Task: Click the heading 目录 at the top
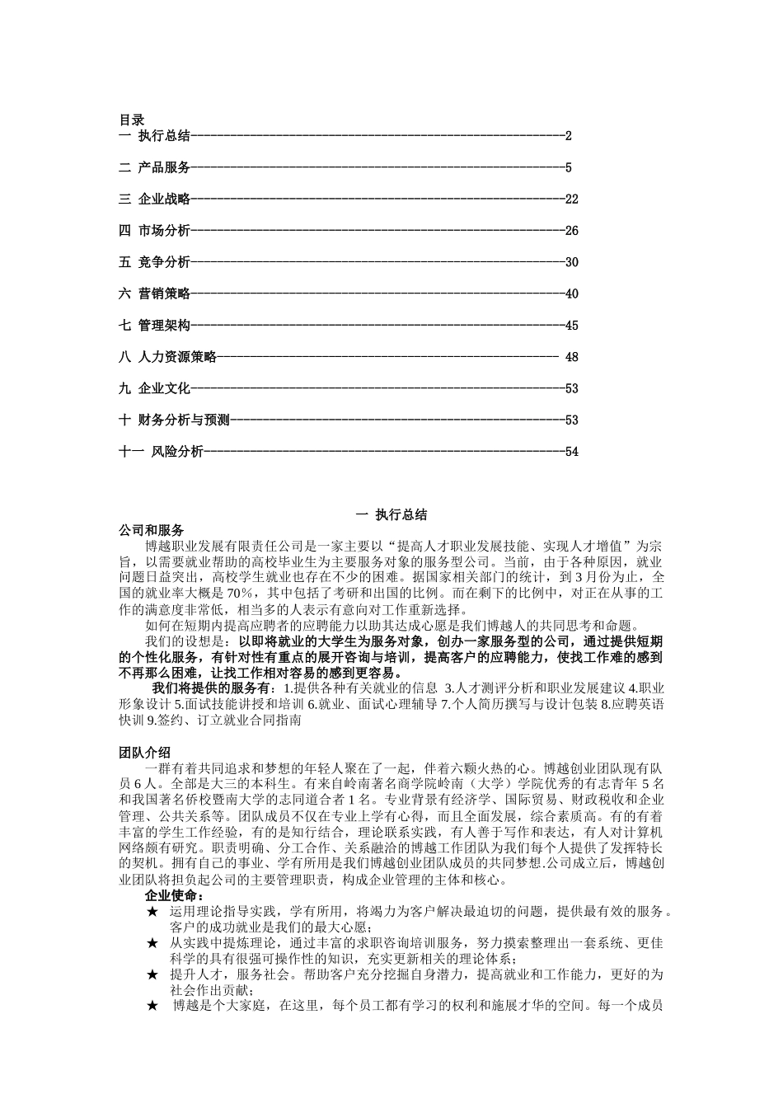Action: (x=131, y=120)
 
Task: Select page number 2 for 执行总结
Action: (x=569, y=136)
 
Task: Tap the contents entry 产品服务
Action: (x=164, y=168)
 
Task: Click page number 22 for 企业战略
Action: (x=572, y=200)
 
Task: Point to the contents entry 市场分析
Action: (x=164, y=231)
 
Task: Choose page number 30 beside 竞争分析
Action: (x=572, y=262)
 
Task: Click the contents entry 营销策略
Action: (x=164, y=293)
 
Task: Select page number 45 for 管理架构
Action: (x=572, y=326)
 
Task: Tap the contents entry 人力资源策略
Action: (x=177, y=357)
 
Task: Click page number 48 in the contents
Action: (x=572, y=357)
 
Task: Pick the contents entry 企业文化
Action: (x=164, y=388)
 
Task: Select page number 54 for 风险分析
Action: (x=572, y=452)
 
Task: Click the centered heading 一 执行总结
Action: (x=391, y=515)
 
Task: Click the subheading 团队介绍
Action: (x=144, y=753)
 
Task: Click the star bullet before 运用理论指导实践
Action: (x=152, y=912)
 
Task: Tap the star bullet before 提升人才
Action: (x=152, y=974)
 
